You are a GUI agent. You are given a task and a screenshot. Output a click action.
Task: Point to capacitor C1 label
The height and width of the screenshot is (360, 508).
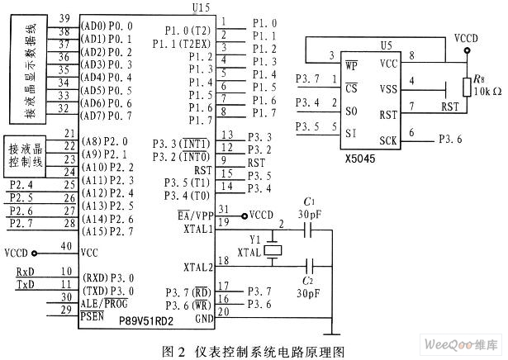(309, 201)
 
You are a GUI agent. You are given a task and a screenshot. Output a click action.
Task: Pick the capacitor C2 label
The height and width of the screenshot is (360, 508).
(309, 281)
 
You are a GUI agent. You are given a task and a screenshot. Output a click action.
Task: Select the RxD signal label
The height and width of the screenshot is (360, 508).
(26, 272)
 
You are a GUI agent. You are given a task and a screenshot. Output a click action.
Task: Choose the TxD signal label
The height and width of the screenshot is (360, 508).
(26, 284)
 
